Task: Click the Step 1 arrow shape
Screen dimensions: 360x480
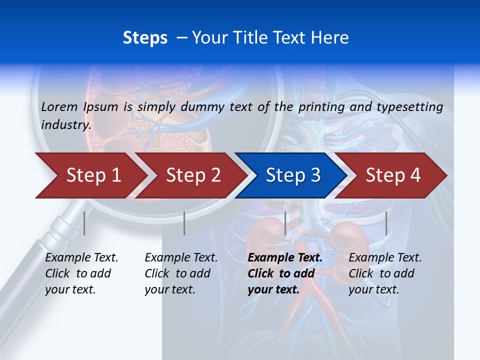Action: [90, 175]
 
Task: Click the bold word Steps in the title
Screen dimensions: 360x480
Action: [145, 37]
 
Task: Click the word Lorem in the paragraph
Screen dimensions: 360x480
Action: [59, 106]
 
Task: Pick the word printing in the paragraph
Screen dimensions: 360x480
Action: [321, 106]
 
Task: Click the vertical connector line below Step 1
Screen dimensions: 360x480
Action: [84, 223]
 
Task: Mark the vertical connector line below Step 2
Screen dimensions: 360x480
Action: [184, 223]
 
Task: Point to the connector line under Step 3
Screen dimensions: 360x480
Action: [285, 223]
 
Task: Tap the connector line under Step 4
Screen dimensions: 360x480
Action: [386, 223]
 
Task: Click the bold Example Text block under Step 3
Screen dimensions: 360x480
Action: [285, 273]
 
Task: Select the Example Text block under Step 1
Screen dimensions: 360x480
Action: [81, 273]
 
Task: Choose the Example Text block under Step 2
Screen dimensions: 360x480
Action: [181, 273]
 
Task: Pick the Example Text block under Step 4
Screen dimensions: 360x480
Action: [385, 273]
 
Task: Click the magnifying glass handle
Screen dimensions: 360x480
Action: [35, 270]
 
